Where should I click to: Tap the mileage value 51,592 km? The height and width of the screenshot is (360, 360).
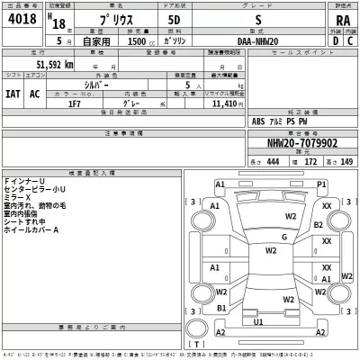tap(55, 65)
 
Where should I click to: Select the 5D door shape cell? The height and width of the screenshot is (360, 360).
tap(175, 27)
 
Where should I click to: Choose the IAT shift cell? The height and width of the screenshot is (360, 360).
tap(15, 93)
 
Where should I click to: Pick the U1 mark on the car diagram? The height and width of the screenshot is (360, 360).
tap(258, 321)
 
